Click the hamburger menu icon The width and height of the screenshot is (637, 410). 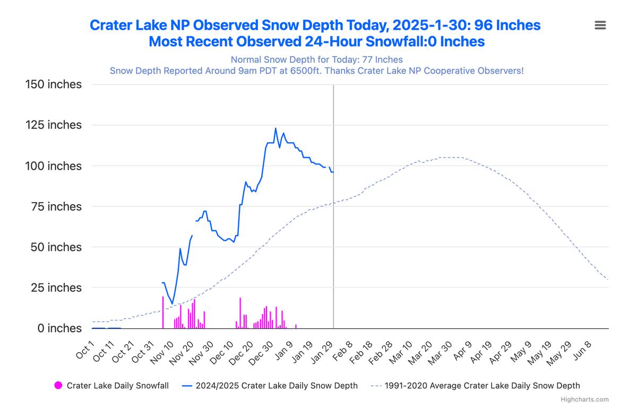coord(600,25)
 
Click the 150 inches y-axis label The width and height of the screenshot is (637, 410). coord(54,84)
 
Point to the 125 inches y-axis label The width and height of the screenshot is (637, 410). coord(54,125)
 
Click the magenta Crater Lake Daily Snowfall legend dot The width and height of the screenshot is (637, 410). coord(58,386)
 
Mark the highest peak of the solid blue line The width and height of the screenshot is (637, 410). coord(276,128)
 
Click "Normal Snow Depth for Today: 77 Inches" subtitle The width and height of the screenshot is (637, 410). coord(316,60)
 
